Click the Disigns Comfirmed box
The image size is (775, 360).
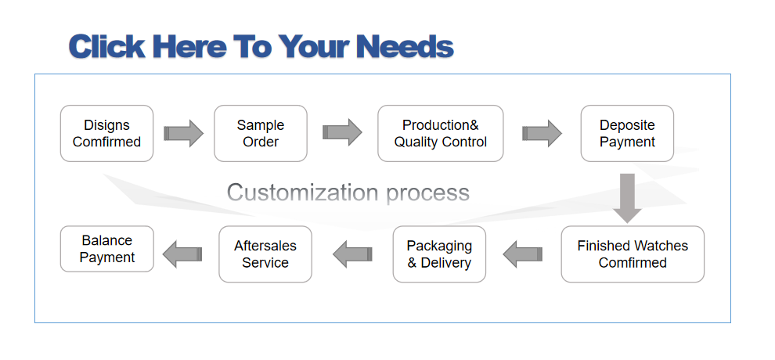(x=106, y=133)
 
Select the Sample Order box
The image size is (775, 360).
(x=261, y=133)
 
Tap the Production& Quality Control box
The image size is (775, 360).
(x=441, y=133)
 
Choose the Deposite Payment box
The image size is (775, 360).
(x=627, y=133)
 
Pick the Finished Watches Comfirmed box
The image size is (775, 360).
(x=633, y=254)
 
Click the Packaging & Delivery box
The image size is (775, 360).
(x=439, y=254)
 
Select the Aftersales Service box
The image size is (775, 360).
(x=265, y=254)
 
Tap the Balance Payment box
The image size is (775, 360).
(x=107, y=249)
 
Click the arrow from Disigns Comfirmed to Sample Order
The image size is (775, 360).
(x=184, y=133)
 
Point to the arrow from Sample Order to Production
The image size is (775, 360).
(x=343, y=132)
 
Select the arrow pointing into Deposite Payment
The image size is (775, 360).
(x=542, y=133)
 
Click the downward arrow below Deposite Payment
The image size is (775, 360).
(x=628, y=198)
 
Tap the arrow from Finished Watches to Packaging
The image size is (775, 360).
(x=523, y=254)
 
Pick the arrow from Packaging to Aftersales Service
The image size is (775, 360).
(x=353, y=254)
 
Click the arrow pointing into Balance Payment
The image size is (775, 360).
(x=182, y=254)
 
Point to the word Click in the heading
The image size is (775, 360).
(x=106, y=46)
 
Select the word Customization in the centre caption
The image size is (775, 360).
(x=304, y=192)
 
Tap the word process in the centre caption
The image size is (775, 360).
(x=428, y=193)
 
